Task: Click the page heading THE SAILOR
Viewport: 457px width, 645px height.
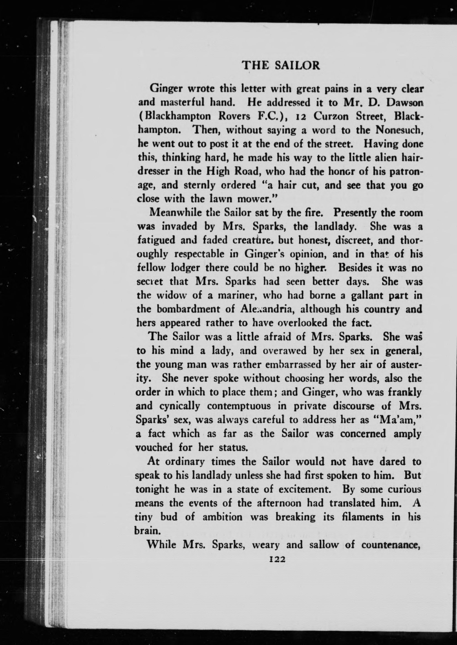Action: (281, 65)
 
